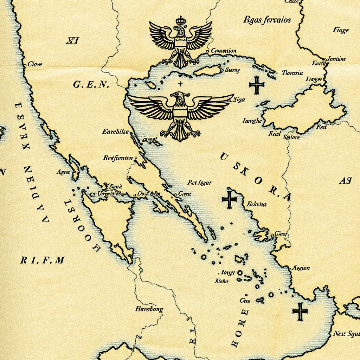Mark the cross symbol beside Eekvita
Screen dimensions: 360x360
click(x=229, y=199)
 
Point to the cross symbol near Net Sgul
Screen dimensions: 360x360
click(x=300, y=311)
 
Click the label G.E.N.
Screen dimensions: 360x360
click(x=91, y=85)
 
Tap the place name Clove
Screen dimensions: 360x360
click(x=35, y=64)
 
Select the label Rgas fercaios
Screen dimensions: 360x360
click(x=267, y=20)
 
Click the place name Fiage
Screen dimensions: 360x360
click(x=340, y=30)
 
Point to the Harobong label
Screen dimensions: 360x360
click(x=149, y=309)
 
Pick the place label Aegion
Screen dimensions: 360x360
click(x=301, y=268)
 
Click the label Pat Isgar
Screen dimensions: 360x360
click(x=199, y=182)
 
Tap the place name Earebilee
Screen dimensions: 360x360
click(x=115, y=132)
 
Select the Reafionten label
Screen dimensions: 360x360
click(x=118, y=158)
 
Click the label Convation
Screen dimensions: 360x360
click(x=224, y=51)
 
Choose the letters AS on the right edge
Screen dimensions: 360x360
click(x=345, y=181)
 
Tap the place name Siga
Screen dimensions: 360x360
click(x=239, y=100)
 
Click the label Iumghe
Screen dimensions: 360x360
click(x=252, y=121)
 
